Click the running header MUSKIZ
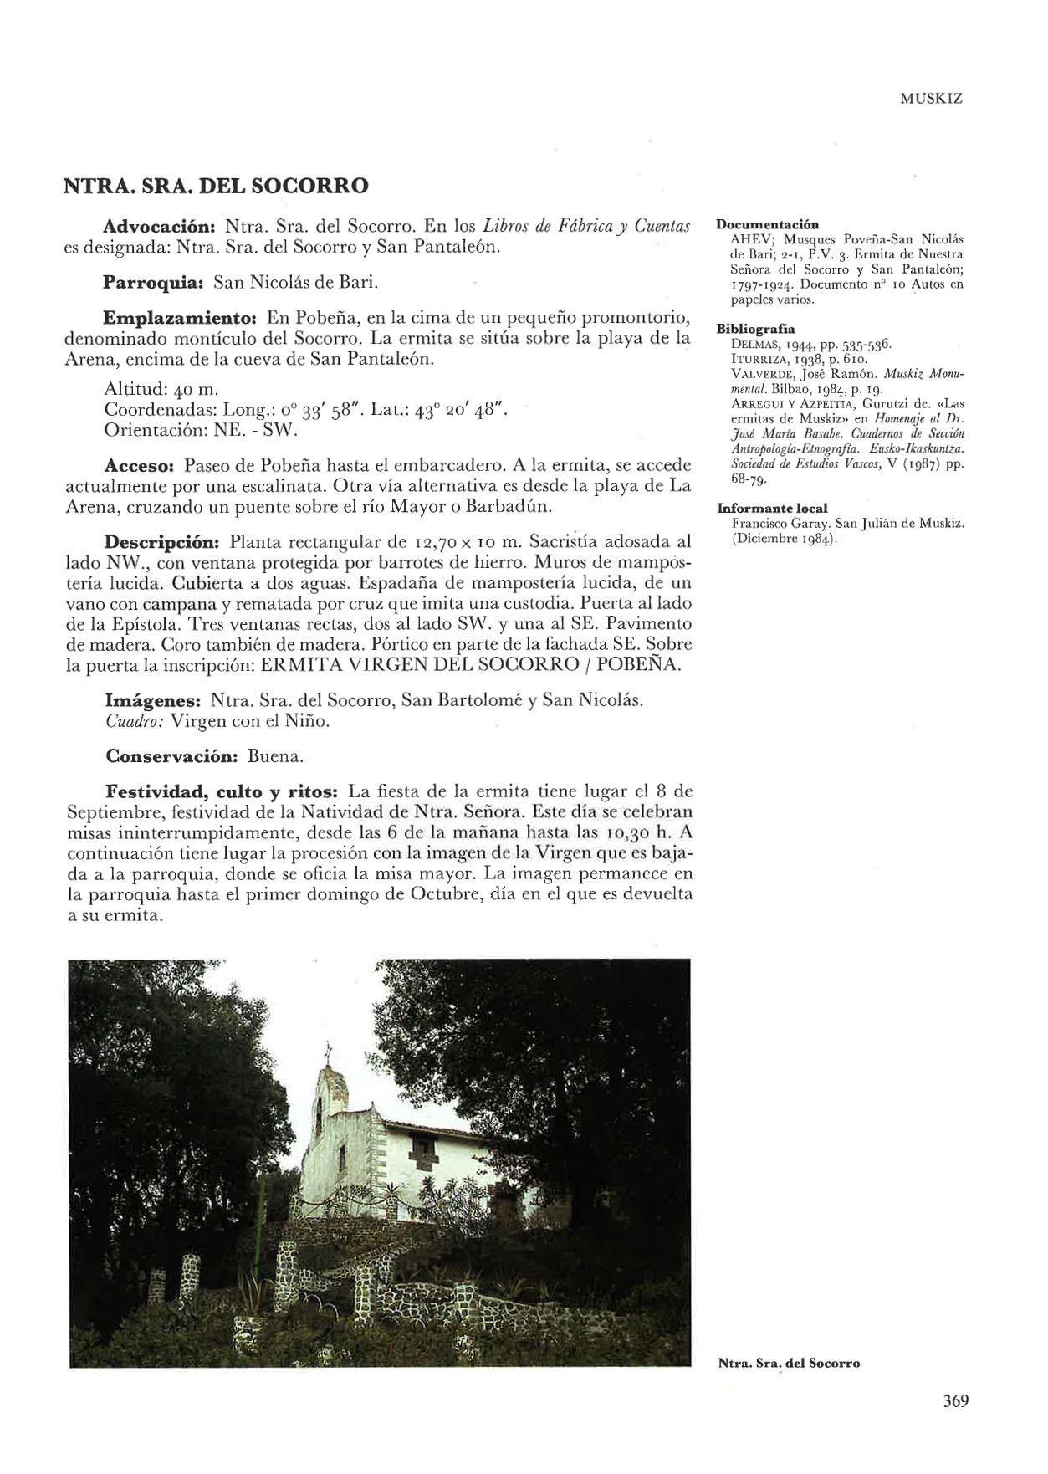click(x=932, y=98)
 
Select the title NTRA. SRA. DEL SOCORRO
click(x=217, y=185)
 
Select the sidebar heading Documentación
click(x=767, y=224)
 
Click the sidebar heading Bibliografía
click(x=756, y=329)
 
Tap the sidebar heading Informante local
click(x=772, y=508)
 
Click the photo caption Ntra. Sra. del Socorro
click(x=789, y=1363)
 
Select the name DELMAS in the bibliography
click(x=750, y=344)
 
